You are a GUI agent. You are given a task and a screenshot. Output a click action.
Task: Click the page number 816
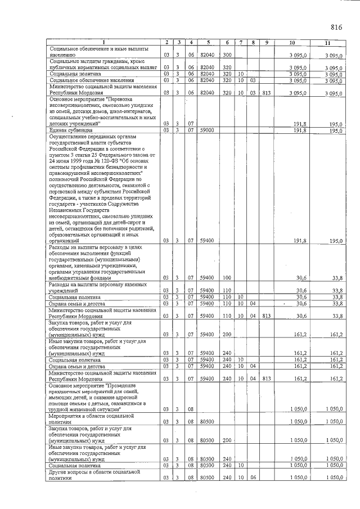(336, 27)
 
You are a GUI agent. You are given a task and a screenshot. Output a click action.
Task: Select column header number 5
(208, 43)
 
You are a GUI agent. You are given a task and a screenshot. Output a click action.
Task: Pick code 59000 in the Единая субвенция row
(208, 130)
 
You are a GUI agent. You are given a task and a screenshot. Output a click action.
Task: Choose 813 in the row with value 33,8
(266, 316)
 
